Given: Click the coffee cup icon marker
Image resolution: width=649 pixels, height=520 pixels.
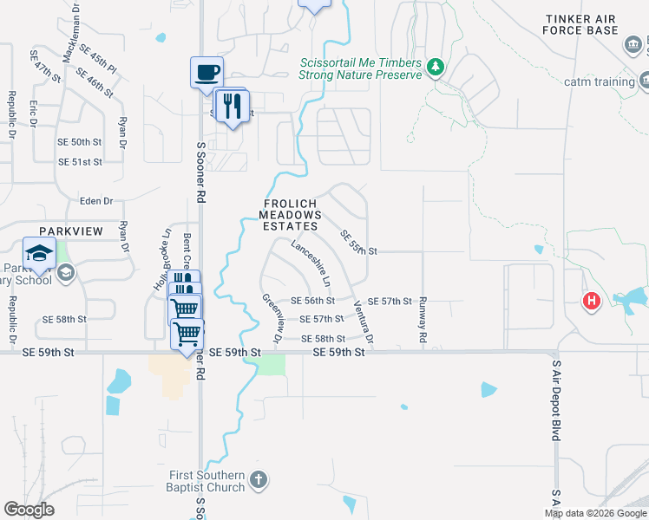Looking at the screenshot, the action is click(x=206, y=72).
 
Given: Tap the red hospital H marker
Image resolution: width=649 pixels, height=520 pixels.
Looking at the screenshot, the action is click(x=591, y=302).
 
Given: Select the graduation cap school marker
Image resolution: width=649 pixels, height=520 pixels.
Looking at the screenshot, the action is click(x=39, y=253).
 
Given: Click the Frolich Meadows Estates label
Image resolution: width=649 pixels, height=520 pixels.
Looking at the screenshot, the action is click(x=292, y=214).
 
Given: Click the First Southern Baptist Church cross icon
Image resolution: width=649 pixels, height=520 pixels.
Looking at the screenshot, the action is click(x=258, y=480).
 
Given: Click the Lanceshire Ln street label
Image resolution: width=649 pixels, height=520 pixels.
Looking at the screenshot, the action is click(x=311, y=264).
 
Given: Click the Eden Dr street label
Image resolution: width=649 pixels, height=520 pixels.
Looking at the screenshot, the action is click(x=96, y=201).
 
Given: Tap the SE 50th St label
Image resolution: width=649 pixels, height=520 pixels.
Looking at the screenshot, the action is click(x=80, y=141).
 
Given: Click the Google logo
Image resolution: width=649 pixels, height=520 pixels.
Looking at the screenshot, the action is click(x=29, y=510).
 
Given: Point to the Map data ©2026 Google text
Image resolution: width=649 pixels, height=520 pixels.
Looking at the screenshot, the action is click(x=594, y=513).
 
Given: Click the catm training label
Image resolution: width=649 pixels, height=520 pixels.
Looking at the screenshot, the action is click(x=600, y=81).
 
